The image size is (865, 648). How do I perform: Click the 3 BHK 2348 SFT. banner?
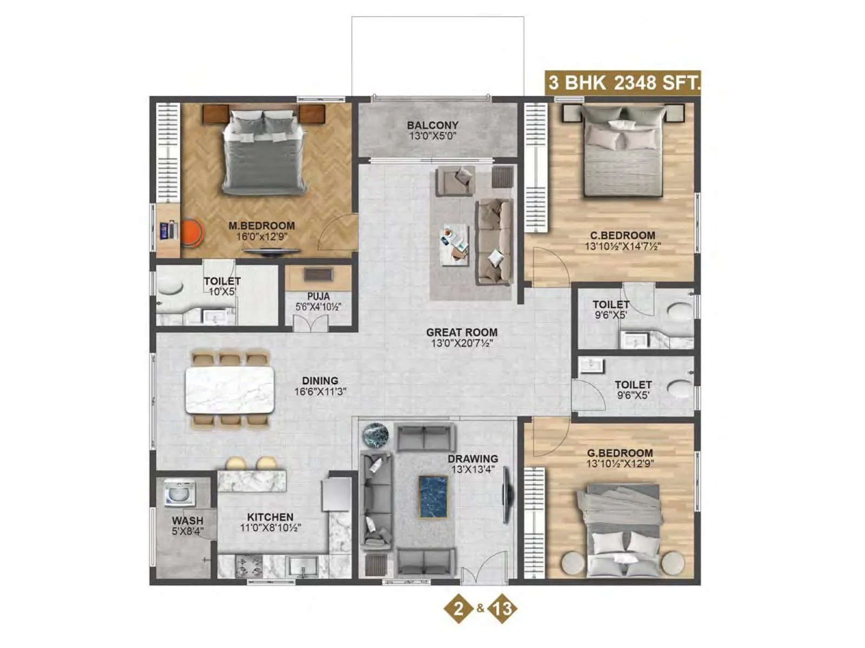pos(623,83)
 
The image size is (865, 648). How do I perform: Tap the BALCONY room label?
pos(432,125)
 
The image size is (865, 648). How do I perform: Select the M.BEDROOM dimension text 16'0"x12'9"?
pos(262,237)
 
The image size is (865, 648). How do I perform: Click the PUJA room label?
pos(318,296)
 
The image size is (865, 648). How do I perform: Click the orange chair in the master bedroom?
pos(191,232)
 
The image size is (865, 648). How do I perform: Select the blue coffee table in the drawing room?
pos(433,497)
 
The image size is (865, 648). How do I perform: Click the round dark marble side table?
pos(376,435)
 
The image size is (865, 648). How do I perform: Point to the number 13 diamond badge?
pos(502,609)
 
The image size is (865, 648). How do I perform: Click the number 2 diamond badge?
pos(458,609)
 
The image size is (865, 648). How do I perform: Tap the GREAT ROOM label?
pos(461,333)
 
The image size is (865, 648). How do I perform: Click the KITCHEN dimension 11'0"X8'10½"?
pos(270,528)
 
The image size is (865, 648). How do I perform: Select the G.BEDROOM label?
pos(620,453)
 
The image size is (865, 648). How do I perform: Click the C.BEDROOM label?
pos(622,235)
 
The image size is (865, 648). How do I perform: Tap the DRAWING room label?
pos(473,459)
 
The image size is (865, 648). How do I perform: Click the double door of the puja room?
pos(310,323)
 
